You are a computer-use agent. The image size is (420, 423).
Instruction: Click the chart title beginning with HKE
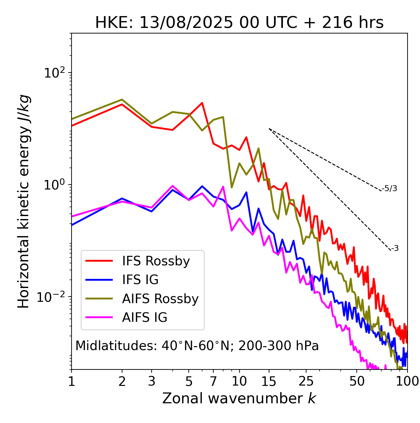pyautogui.click(x=239, y=23)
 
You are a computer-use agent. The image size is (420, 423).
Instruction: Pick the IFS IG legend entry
pyautogui.click(x=140, y=280)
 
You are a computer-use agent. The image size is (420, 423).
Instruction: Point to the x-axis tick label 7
pyautogui.click(x=213, y=381)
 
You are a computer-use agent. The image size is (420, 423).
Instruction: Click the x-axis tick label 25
pyautogui.click(x=306, y=381)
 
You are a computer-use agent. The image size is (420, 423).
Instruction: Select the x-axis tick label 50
pyautogui.click(x=357, y=381)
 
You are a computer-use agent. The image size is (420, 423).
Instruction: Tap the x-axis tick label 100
pyautogui.click(x=407, y=381)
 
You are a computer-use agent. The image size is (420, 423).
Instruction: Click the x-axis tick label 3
pyautogui.click(x=151, y=381)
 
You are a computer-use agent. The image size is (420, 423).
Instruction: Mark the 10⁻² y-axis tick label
pyautogui.click(x=52, y=297)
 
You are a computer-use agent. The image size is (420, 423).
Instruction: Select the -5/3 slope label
pyautogui.click(x=389, y=189)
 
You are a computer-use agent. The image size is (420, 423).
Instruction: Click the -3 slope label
pyautogui.click(x=395, y=248)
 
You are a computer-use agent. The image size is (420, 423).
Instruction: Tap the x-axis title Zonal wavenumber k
pyautogui.click(x=239, y=399)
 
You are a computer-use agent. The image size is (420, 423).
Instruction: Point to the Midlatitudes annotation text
pyautogui.click(x=197, y=346)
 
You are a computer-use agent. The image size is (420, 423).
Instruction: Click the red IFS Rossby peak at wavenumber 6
pyautogui.click(x=202, y=103)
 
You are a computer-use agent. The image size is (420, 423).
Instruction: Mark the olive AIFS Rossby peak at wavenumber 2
pyautogui.click(x=122, y=100)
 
